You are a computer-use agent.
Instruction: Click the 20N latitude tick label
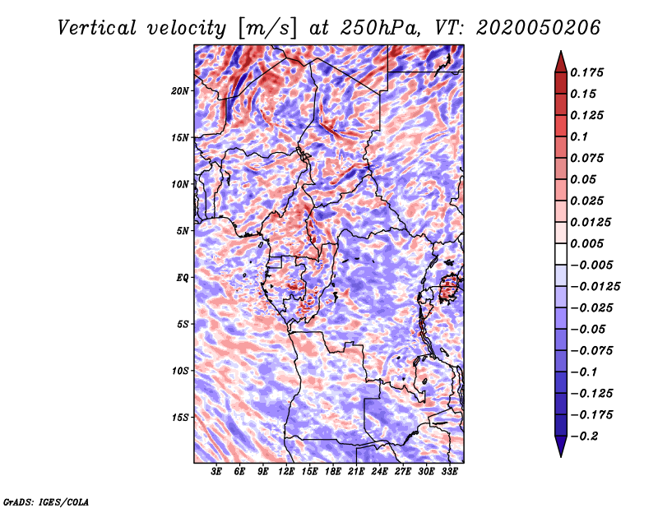pyautogui.click(x=181, y=90)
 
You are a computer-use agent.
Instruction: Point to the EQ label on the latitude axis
pyautogui.click(x=183, y=277)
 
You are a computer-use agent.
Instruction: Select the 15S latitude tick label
pyautogui.click(x=181, y=417)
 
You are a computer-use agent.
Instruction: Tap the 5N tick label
pyautogui.click(x=183, y=230)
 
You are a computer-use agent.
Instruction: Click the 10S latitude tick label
pyautogui.click(x=181, y=370)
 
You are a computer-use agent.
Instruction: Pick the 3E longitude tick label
pyautogui.click(x=217, y=472)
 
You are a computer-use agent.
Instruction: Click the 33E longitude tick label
pyautogui.click(x=450, y=472)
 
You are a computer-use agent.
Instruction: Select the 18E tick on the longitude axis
pyautogui.click(x=333, y=472)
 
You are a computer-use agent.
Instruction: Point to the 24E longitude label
pyautogui.click(x=380, y=472)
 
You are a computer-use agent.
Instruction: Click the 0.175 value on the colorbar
pyautogui.click(x=590, y=72)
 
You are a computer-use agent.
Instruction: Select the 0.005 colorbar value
pyautogui.click(x=590, y=243)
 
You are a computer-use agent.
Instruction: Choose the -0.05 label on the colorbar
pyautogui.click(x=590, y=329)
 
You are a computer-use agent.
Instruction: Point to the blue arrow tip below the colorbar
pyautogui.click(x=560, y=449)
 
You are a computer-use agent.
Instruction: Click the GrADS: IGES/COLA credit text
pyautogui.click(x=46, y=501)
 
